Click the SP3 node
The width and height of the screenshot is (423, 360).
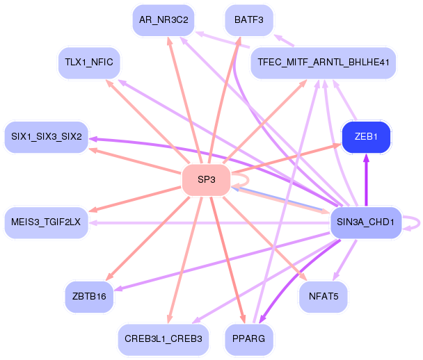click(x=206, y=180)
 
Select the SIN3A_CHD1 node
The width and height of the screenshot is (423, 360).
click(x=365, y=222)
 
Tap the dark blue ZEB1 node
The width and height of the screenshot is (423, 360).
click(x=366, y=137)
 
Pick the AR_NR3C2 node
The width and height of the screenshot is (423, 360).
click(x=163, y=19)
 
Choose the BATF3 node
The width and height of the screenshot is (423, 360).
click(x=249, y=19)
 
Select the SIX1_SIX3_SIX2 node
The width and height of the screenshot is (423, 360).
click(x=46, y=137)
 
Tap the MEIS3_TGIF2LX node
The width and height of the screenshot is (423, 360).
click(x=46, y=222)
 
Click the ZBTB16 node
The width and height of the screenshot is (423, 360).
click(x=89, y=297)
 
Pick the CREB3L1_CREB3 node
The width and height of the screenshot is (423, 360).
click(x=163, y=339)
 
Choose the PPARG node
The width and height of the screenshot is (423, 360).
click(x=249, y=339)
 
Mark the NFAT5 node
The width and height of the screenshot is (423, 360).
click(x=323, y=297)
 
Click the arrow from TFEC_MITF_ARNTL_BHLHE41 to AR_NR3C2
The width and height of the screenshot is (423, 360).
click(x=223, y=40)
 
